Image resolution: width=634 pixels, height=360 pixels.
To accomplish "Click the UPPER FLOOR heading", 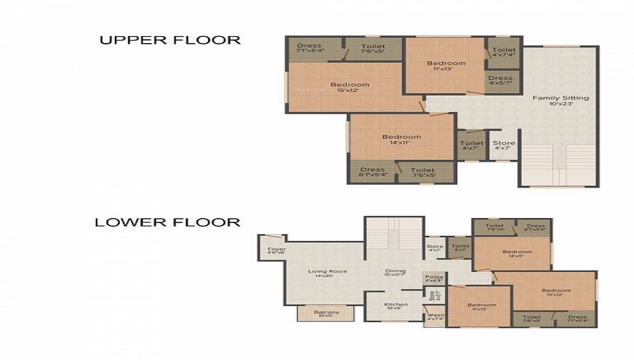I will click(170, 40).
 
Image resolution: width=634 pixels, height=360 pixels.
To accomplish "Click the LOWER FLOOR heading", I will click(167, 222).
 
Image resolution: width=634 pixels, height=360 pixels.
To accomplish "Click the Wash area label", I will click(436, 317).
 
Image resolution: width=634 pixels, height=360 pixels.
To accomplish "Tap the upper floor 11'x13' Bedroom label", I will click(446, 65).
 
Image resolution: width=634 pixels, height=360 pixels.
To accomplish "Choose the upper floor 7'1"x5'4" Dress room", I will click(310, 48).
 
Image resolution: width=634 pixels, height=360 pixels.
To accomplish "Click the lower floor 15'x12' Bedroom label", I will click(556, 292).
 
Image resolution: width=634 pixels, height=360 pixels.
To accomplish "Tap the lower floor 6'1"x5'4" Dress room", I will click(536, 228).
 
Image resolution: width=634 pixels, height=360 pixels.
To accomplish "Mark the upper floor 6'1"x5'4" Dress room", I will click(372, 172).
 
